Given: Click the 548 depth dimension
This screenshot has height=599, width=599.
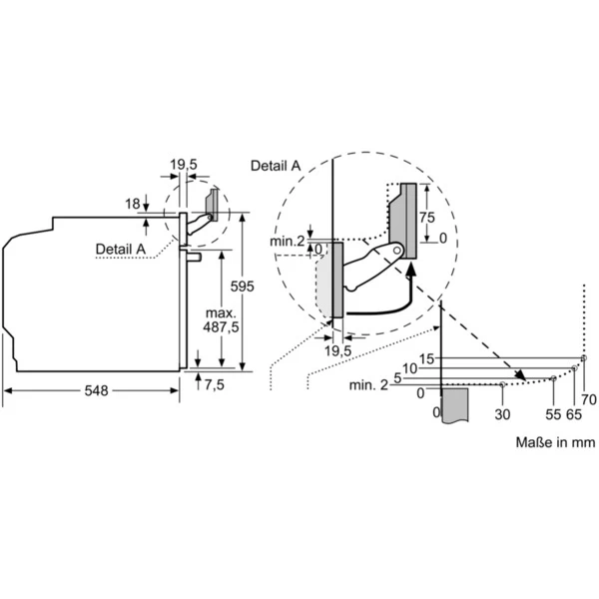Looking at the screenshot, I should pos(95,391).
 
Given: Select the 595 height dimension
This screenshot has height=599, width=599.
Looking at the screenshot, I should pos(243,287).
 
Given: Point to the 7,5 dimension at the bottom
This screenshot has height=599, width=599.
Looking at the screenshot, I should pos(215,385).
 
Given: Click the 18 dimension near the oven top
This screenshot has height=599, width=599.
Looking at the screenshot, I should pos(132,204).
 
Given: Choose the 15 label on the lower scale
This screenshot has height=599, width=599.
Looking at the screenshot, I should pos(426,358).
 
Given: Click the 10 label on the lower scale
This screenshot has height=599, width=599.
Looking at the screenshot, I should pos(409,368).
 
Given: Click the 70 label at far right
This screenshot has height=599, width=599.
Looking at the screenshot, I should pos(589,399).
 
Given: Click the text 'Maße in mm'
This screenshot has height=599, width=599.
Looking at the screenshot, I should pos(555,441).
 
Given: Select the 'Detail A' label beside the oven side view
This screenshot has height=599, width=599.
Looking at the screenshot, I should pos(120,248).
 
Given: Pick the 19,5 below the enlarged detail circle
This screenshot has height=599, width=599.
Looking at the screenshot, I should pos(340,351).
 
